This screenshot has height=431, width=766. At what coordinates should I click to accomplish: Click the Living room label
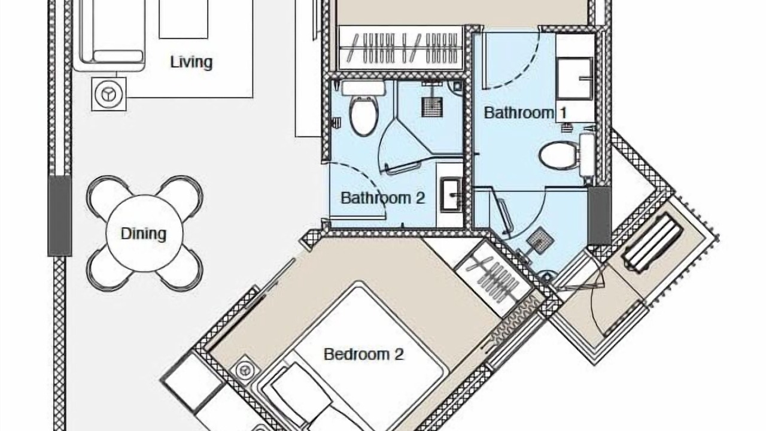click(191, 62)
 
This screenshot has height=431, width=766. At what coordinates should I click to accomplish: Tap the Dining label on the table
click(144, 233)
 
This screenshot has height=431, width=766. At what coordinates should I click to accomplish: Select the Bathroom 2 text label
click(382, 198)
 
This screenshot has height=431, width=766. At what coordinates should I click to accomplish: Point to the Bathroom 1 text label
click(525, 113)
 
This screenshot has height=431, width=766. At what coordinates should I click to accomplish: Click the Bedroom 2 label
click(363, 354)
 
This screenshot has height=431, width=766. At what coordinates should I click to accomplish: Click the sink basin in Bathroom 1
click(575, 78)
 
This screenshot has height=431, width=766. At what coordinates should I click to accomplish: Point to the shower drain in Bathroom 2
click(432, 107)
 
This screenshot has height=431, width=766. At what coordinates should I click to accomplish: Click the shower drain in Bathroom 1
click(540, 241)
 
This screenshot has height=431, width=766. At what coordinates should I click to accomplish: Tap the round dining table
click(144, 233)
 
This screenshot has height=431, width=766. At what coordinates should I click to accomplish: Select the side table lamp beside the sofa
click(109, 94)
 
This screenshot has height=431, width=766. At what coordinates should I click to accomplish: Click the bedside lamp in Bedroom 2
click(245, 371)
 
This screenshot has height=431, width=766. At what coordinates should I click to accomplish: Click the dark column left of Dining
click(59, 216)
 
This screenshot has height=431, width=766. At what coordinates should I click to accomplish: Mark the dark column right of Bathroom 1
click(600, 215)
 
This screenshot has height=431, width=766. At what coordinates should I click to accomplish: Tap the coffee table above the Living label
click(184, 19)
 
